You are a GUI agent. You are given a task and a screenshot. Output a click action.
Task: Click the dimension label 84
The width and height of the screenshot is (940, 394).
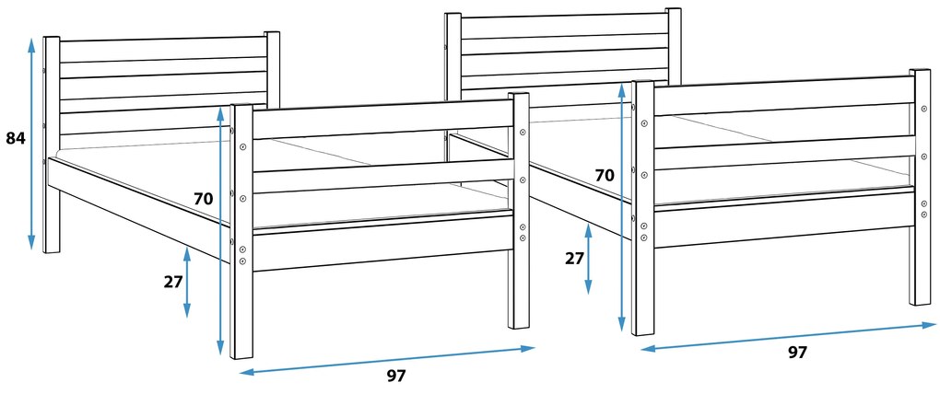point(15,138)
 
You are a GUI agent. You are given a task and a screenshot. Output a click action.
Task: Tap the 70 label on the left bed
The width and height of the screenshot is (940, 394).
point(204,198)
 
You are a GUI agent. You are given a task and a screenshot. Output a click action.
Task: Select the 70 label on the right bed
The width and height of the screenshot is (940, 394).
point(605,174)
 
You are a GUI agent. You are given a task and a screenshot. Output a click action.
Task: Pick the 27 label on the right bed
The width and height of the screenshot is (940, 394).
point(574,258)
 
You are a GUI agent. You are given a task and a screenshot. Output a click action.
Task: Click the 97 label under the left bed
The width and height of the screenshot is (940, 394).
point(395,376)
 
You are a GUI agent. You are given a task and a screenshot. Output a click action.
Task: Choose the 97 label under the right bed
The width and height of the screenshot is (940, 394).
point(797,352)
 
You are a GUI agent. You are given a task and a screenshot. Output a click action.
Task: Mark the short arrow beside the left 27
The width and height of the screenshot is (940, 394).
point(187,282)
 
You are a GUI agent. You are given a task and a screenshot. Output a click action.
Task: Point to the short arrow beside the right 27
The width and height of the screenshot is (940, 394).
point(589,260)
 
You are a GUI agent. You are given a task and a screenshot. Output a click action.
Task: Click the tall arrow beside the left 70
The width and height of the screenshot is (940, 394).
point(220,230)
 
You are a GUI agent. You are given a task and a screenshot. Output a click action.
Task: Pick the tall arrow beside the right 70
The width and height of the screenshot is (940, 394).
point(622,207)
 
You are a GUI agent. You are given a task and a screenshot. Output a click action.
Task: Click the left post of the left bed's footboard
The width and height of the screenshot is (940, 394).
point(241,230)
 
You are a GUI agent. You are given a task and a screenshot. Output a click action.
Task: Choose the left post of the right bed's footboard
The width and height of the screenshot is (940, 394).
point(643,207)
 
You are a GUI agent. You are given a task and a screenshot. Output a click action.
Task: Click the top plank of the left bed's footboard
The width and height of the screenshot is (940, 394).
point(382,120)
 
